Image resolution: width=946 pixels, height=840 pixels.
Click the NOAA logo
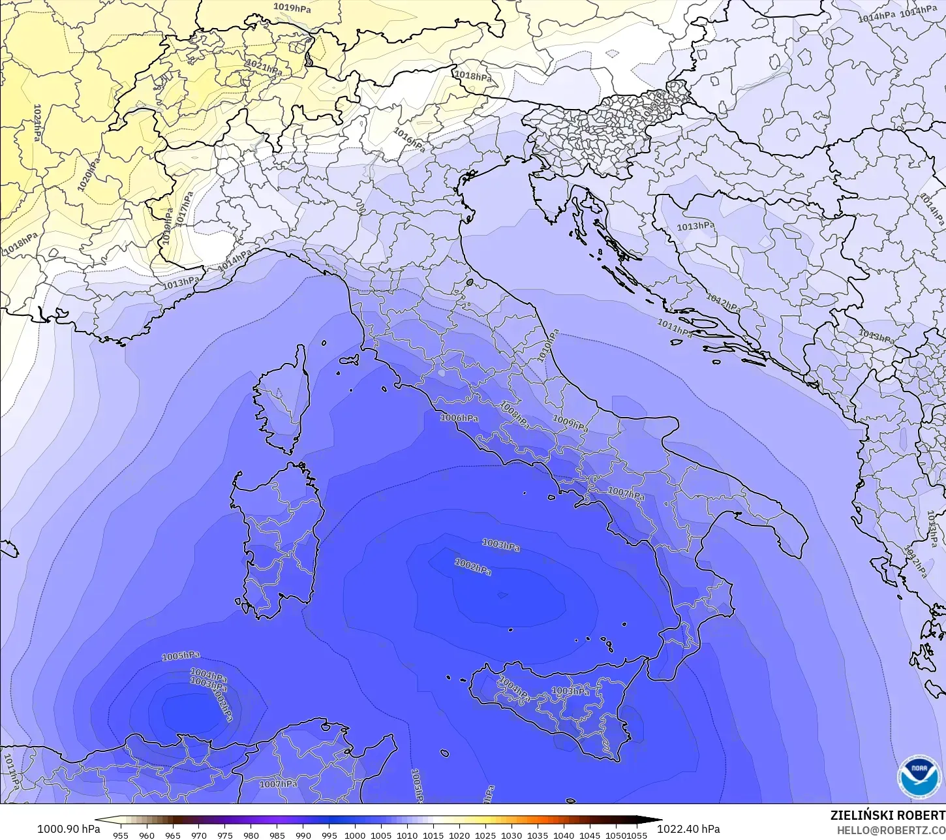pos(919,777)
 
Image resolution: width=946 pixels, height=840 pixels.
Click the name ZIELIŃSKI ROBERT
pos(887,815)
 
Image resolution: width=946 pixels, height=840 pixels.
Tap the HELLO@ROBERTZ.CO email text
pos(891,830)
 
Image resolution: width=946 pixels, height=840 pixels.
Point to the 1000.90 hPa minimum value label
pos(69,829)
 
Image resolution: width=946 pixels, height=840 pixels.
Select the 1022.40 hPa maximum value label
pos(688,829)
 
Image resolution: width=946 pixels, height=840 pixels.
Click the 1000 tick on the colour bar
pos(355,835)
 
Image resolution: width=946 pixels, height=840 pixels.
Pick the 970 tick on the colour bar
pos(199,835)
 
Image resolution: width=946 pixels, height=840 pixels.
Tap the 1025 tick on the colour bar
pos(485,835)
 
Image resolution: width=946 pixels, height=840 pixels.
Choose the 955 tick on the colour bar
pos(121,835)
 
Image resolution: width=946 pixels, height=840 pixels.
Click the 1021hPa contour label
pos(264,67)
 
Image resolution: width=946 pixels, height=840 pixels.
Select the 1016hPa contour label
pos(409,140)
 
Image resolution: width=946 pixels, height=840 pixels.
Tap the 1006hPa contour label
pos(459,418)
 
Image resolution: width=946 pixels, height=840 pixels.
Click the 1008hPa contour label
pos(515,414)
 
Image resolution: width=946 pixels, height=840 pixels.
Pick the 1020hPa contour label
pos(89,174)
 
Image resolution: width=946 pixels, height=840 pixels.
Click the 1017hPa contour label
pos(185,209)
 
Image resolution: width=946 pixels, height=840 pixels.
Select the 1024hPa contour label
pos(37,125)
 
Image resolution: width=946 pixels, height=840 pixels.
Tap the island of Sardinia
pos(277,542)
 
